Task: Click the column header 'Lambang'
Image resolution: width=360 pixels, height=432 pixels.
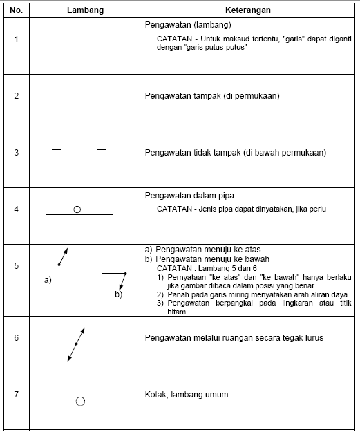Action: pos(79,12)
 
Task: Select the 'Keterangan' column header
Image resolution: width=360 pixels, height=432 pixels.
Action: pos(248,12)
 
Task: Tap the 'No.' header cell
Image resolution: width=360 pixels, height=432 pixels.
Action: pos(16,12)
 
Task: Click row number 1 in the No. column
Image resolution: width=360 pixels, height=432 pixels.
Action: pos(16,38)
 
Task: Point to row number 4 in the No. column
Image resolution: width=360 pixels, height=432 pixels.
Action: pos(16,209)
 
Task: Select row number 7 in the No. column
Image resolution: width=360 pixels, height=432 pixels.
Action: pos(16,395)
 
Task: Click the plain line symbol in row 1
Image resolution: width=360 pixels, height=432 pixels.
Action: pos(79,41)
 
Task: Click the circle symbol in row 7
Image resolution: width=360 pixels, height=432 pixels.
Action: pos(80,401)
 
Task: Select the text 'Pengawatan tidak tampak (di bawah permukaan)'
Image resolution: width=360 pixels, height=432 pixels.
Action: pos(235,153)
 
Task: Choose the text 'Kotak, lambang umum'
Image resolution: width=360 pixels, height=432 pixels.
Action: pos(187,395)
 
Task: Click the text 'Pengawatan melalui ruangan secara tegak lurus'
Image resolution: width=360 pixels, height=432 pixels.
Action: pos(234,338)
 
